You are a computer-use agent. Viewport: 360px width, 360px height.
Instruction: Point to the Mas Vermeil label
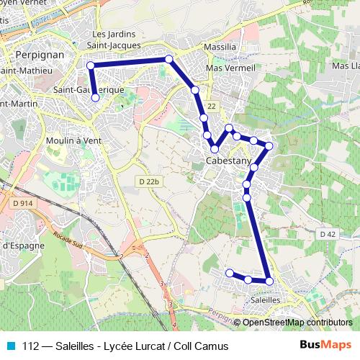pyautogui.click(x=231, y=68)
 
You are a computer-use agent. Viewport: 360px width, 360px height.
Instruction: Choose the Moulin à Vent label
pyautogui.click(x=73, y=140)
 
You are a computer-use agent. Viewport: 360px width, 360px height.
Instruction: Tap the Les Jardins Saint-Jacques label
pyautogui.click(x=114, y=40)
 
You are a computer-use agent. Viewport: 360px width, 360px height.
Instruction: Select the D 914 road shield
pyautogui.click(x=22, y=204)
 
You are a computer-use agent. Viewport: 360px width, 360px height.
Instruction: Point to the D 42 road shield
pyautogui.click(x=327, y=234)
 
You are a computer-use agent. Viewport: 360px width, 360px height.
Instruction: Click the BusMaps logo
pyautogui.click(x=325, y=346)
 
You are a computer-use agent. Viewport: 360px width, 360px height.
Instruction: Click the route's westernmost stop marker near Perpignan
pyautogui.click(x=91, y=66)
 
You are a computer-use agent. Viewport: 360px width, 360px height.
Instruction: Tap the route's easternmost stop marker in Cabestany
pyautogui.click(x=269, y=146)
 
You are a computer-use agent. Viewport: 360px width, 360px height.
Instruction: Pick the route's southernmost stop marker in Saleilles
pyautogui.click(x=269, y=281)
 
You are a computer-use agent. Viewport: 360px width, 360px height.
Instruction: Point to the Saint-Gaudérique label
pyautogui.click(x=89, y=89)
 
